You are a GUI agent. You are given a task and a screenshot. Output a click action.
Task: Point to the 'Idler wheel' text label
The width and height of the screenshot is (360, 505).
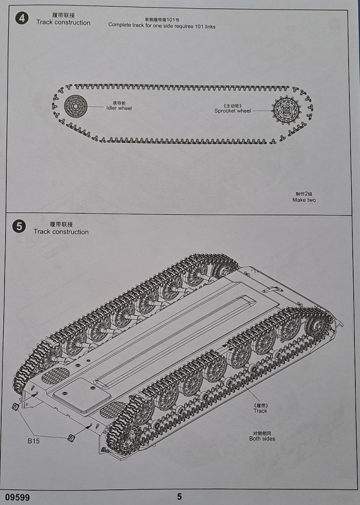click(119, 108)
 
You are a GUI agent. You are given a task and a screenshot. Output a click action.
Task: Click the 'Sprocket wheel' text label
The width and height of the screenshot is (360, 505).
click(232, 111)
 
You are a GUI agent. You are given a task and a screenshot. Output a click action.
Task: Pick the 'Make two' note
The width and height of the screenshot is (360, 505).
click(304, 200)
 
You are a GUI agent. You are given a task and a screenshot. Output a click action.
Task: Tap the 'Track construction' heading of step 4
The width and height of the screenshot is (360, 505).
click(63, 23)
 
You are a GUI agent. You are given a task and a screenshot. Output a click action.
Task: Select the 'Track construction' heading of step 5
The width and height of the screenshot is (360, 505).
click(61, 231)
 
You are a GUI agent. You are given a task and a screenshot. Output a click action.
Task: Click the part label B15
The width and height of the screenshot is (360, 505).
click(34, 441)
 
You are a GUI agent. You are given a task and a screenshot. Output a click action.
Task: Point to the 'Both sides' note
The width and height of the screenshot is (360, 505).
click(262, 439)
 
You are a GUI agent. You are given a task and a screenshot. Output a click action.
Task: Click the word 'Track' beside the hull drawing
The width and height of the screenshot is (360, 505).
click(260, 411)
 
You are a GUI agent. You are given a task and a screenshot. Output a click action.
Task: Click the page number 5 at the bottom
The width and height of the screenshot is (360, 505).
click(179, 497)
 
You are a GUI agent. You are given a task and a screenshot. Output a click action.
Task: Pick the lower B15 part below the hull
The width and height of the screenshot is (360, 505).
click(71, 437)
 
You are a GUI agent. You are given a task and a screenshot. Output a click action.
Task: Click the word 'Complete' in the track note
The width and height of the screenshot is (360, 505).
click(121, 26)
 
